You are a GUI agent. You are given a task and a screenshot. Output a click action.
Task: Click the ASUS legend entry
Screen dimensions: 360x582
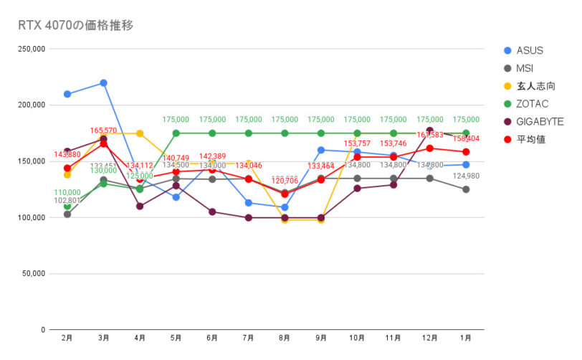pos(530,50)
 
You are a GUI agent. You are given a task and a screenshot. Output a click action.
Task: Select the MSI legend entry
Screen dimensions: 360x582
pos(525,68)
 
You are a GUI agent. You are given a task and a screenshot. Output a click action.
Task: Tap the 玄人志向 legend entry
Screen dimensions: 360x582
pos(534,86)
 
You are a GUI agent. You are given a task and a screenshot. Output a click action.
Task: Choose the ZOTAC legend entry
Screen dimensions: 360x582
pos(533,104)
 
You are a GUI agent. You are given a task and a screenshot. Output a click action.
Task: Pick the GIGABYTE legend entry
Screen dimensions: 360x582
pos(539,122)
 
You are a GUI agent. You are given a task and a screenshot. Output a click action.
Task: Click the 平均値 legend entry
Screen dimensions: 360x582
pos(531,139)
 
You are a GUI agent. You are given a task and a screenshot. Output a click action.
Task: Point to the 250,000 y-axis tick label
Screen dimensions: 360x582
pos(31,49)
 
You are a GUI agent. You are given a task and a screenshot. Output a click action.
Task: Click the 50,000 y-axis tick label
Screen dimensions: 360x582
pos(33,274)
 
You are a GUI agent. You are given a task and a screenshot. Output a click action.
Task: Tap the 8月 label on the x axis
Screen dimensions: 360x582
pos(285,337)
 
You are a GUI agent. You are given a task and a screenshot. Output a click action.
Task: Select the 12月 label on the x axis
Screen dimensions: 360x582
pos(429,337)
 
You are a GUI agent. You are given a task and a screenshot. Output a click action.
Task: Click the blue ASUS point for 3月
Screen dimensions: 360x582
pos(103,83)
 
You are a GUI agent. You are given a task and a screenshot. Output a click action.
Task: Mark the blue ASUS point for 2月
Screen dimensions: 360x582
pos(67,94)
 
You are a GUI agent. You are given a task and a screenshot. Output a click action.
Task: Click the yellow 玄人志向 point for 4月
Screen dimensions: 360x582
pos(140,133)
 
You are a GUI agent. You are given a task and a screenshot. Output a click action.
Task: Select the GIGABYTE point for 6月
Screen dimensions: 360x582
pos(212,212)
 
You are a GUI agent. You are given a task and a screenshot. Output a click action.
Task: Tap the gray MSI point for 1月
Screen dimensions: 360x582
pos(466,189)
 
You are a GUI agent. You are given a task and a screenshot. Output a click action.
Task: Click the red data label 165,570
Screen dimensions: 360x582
pos(103,131)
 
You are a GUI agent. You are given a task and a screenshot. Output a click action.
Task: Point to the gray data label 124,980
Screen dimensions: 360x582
pos(466,176)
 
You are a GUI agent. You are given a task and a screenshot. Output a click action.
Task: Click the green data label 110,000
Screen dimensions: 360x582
pos(67,193)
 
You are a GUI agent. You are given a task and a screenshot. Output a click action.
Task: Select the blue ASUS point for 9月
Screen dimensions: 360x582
pos(321,150)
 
